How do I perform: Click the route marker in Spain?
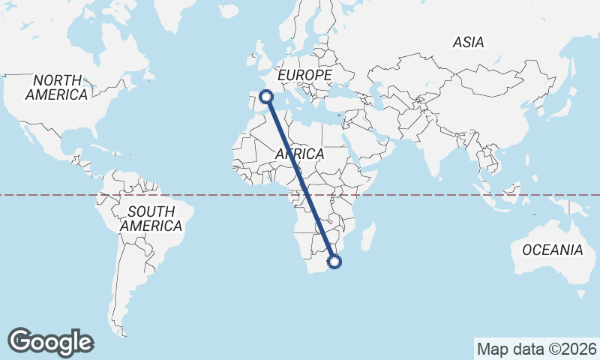pos(265,95)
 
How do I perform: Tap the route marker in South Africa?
pos(334,262)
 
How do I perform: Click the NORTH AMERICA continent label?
pos(57,87)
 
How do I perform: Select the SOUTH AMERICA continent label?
pos(151,218)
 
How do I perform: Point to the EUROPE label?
pos(304,76)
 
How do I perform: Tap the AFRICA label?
pos(300,154)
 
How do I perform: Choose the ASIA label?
pos(468,43)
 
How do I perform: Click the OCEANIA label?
pos(553,250)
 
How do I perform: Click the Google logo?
pos(51,342)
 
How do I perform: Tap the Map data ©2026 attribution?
pos(536,349)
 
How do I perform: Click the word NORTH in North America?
pos(57,79)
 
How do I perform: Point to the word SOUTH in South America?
pos(151,211)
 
